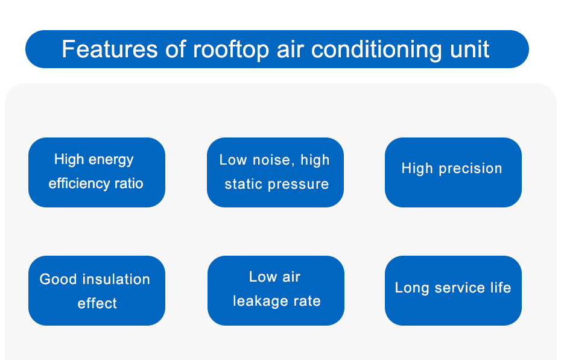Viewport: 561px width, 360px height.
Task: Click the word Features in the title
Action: [109, 49]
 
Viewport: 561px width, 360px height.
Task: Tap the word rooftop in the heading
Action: [231, 50]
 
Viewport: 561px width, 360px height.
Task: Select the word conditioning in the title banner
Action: [376, 50]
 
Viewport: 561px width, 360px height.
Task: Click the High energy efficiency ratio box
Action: [97, 172]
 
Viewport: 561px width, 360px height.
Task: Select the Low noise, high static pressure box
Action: [275, 172]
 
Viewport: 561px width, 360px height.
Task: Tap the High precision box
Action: [453, 172]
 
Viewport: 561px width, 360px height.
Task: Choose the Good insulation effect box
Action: [97, 291]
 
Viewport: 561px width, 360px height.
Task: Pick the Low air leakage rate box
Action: [276, 291]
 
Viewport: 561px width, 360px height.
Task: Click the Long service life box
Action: [453, 291]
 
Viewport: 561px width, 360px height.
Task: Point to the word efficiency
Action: [79, 184]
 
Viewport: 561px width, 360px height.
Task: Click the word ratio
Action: [129, 183]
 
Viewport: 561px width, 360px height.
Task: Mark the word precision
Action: [471, 169]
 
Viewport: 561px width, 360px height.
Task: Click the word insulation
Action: [116, 279]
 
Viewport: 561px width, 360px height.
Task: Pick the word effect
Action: [97, 303]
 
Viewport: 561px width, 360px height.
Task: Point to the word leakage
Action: [261, 301]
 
